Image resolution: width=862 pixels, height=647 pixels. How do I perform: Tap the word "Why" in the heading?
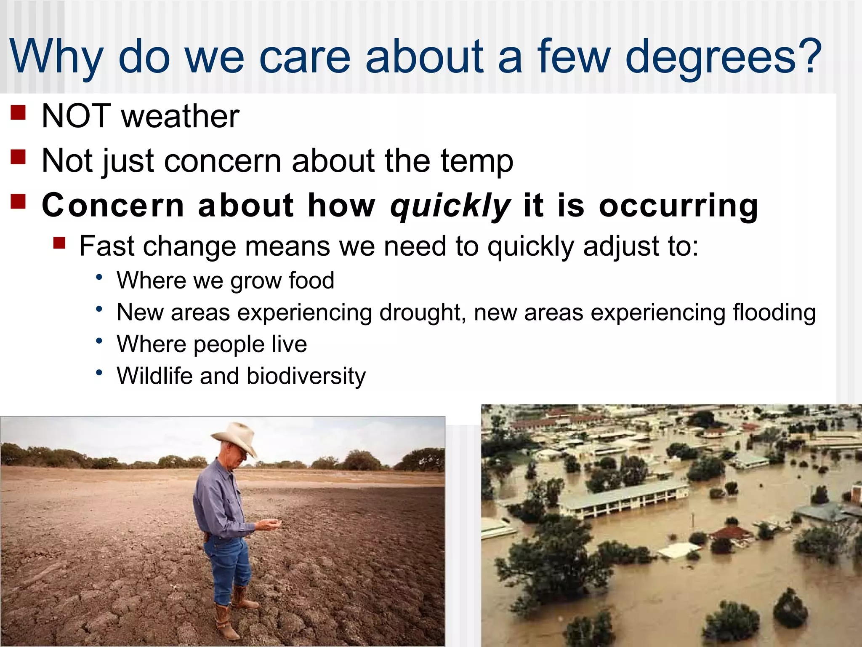point(56,57)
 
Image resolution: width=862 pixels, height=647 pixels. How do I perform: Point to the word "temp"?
point(477,161)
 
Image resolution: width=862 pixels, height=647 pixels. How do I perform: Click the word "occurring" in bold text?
point(678,206)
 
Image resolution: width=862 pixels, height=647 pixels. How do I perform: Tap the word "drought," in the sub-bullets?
point(423,313)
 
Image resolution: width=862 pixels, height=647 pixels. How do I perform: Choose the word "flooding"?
point(774,313)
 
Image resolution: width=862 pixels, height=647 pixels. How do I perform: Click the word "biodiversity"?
point(306,376)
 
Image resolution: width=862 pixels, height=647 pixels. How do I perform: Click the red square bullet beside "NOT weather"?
point(18,112)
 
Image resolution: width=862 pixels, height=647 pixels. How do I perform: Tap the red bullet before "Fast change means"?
point(59,243)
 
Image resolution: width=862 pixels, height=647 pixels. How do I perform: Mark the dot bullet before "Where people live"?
point(99,340)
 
